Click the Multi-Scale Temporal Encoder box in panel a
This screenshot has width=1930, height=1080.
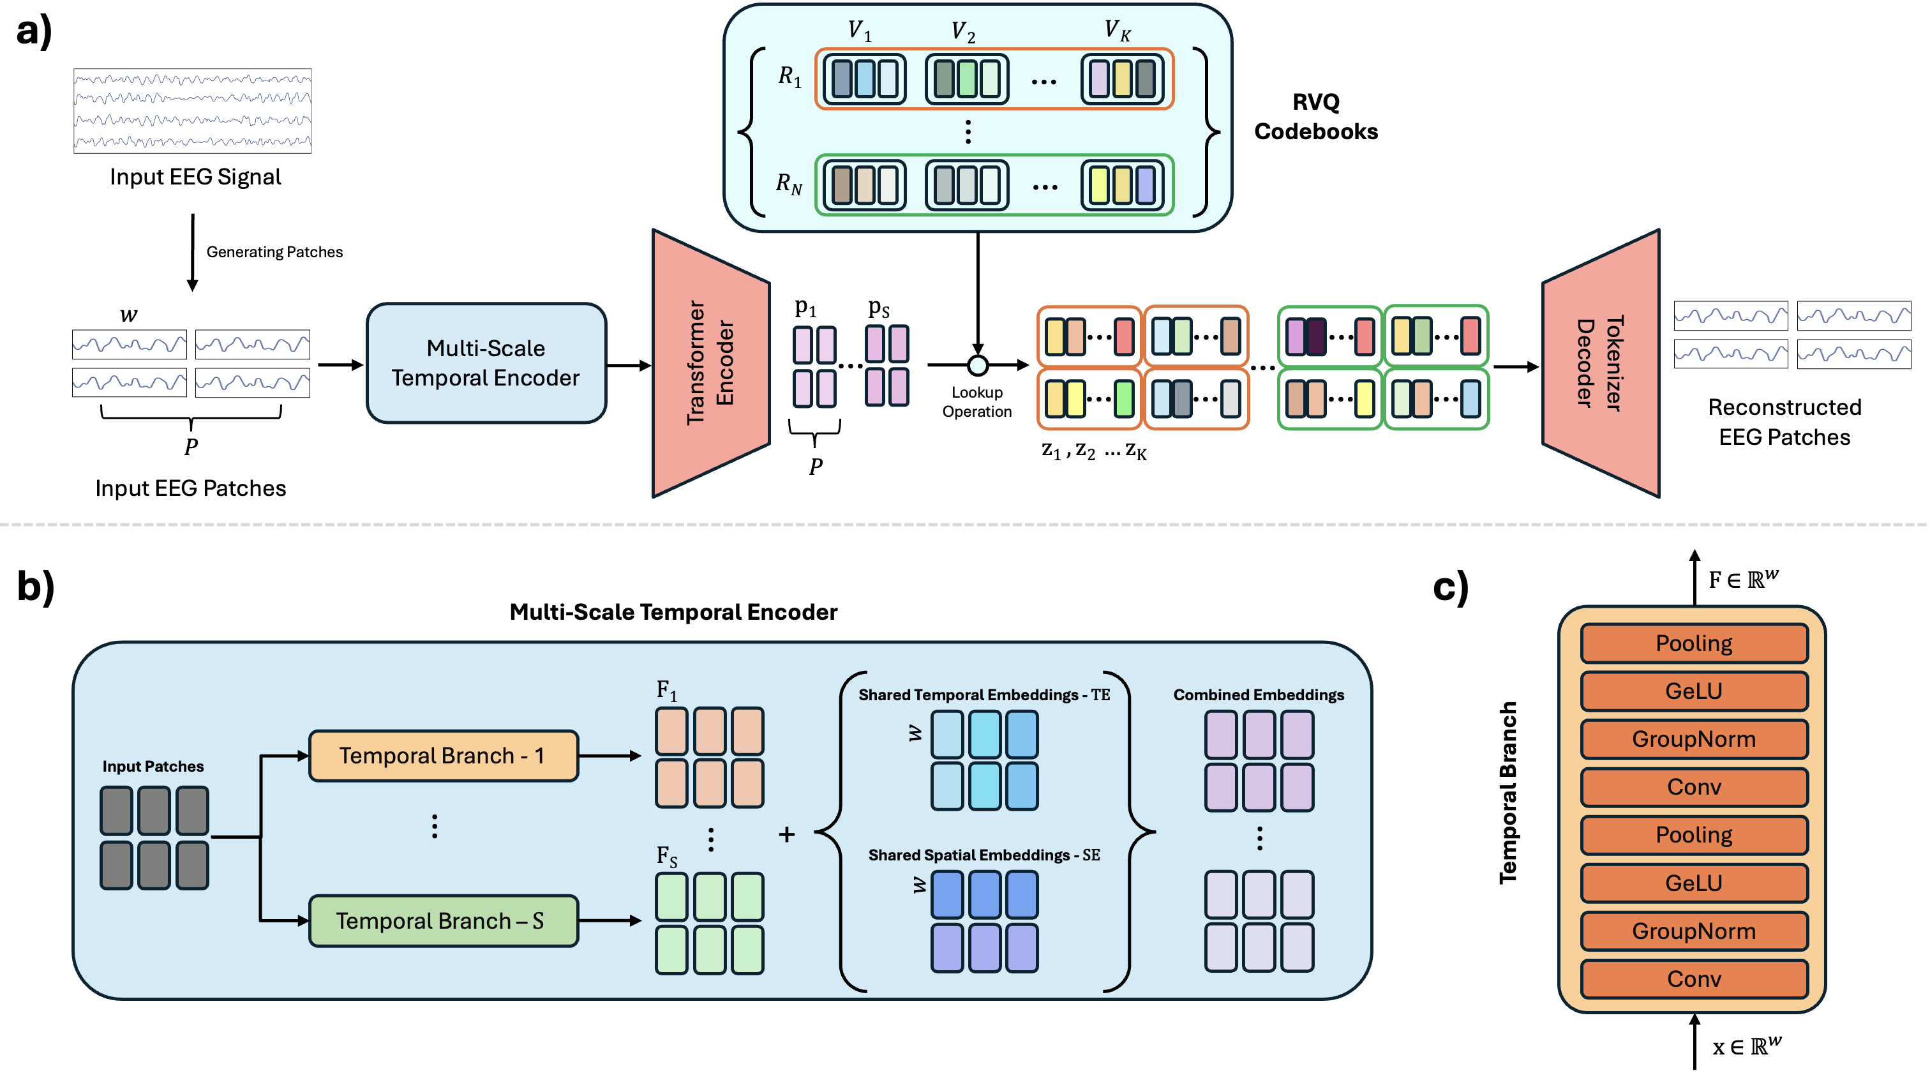click(x=486, y=363)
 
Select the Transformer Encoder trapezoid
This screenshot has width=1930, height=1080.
click(x=710, y=363)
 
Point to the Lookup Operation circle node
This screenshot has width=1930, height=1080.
click(x=977, y=365)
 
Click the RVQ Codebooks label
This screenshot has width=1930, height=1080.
click(x=1315, y=117)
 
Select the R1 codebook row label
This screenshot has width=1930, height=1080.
click(x=789, y=77)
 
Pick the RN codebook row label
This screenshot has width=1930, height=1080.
click(x=788, y=184)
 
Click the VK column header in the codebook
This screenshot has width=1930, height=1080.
click(x=1116, y=31)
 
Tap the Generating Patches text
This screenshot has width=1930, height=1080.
click(x=274, y=252)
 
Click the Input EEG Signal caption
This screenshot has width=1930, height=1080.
click(x=195, y=177)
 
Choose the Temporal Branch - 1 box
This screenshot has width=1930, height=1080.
click(x=443, y=756)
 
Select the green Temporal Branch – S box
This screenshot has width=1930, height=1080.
click(x=443, y=920)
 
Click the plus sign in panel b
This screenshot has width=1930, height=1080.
click(x=786, y=834)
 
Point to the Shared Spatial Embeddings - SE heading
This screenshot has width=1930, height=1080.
click(x=984, y=855)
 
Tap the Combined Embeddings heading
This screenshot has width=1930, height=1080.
click(x=1258, y=694)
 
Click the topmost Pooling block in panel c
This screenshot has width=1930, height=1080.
click(x=1693, y=643)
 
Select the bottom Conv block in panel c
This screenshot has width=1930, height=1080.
click(x=1693, y=979)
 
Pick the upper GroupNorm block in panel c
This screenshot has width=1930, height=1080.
click(x=1693, y=739)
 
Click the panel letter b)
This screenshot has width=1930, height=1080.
click(x=35, y=586)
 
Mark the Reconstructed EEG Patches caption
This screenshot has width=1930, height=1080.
click(x=1784, y=422)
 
